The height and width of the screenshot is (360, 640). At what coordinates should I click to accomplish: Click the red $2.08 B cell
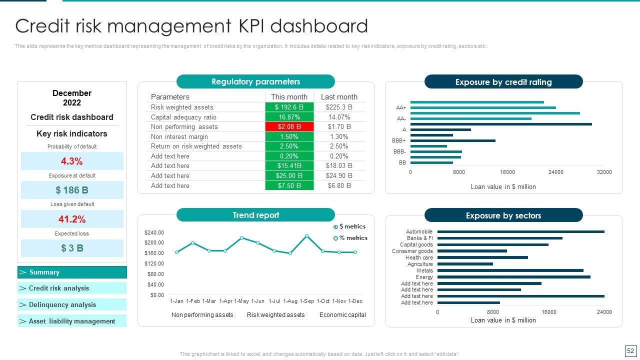click(289, 126)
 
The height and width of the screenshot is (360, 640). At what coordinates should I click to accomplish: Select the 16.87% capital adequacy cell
click(289, 117)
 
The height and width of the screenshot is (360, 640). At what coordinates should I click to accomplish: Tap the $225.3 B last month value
click(339, 107)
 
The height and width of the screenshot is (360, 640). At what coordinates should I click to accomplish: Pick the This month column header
click(289, 97)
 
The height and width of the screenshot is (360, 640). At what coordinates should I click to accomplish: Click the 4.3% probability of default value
click(72, 161)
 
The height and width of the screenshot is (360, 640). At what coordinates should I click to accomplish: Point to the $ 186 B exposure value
click(72, 190)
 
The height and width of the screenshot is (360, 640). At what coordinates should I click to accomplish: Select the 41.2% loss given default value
click(72, 219)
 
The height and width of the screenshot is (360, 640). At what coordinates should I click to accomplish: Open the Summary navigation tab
click(72, 272)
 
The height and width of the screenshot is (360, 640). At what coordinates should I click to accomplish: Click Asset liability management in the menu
click(72, 321)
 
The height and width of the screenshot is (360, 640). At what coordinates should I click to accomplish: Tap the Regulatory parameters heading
click(255, 81)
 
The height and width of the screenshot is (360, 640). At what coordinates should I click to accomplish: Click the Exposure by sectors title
click(503, 215)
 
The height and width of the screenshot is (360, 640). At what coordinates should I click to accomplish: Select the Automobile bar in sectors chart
click(520, 231)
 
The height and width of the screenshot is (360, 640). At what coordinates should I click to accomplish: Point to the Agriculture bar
click(465, 264)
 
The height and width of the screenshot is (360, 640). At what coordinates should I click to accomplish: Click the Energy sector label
click(424, 277)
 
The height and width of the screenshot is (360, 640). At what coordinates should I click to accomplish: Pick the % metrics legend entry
click(353, 238)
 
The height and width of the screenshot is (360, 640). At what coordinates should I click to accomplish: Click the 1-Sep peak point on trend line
click(306, 236)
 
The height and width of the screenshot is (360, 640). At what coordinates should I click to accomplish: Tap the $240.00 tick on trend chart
click(154, 232)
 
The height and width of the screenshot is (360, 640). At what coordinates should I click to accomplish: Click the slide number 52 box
click(630, 351)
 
